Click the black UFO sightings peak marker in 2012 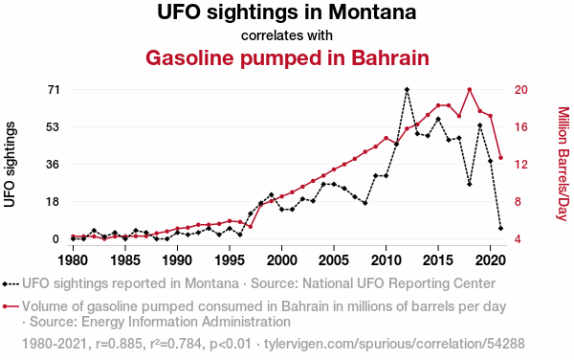click(x=407, y=89)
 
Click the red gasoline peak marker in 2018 click(x=470, y=89)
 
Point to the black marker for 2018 click(x=470, y=184)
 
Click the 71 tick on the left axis click(x=54, y=90)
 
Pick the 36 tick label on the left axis click(x=54, y=165)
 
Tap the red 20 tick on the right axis click(x=521, y=90)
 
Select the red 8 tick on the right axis click(x=518, y=202)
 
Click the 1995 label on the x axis click(x=230, y=260)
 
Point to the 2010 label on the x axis click(x=386, y=260)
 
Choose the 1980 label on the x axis click(x=73, y=260)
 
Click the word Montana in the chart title click(x=372, y=11)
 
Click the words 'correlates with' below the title click(x=287, y=35)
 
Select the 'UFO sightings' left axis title click(x=11, y=165)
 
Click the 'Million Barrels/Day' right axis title click(x=563, y=164)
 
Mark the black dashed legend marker click(x=11, y=283)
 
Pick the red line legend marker click(x=11, y=306)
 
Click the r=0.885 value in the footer click(x=119, y=344)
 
